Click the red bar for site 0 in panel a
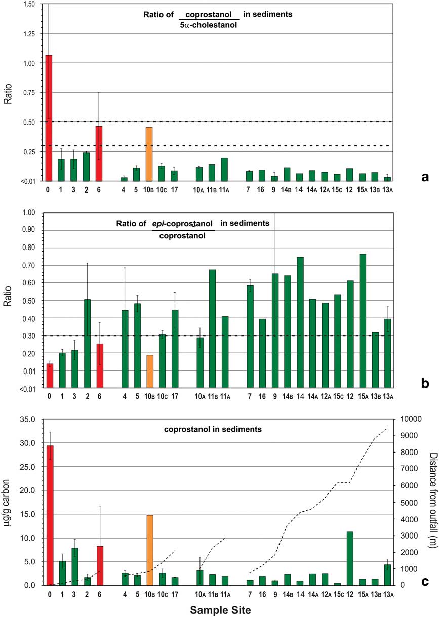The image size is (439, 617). pyautogui.click(x=49, y=117)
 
